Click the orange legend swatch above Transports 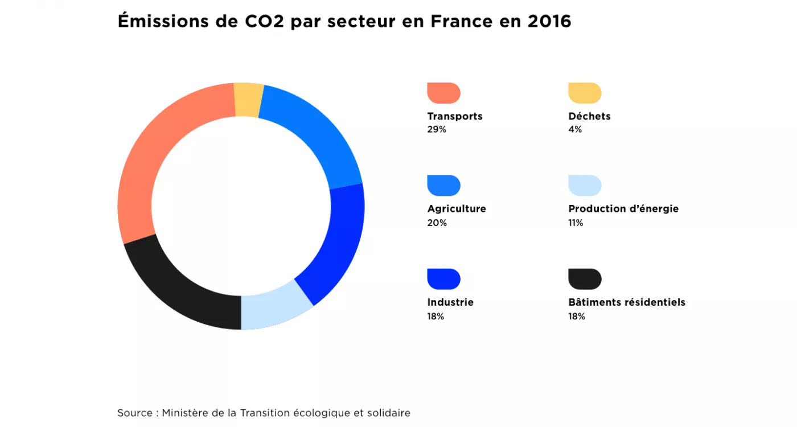443,93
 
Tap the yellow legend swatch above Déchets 585,93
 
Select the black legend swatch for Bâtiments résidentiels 585,279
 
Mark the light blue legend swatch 585,186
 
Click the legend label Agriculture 457,209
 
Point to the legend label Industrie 450,302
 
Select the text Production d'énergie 623,209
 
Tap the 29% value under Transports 437,130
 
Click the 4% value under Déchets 575,130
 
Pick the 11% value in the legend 576,223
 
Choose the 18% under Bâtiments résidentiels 577,317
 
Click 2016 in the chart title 549,22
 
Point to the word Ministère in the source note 185,413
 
